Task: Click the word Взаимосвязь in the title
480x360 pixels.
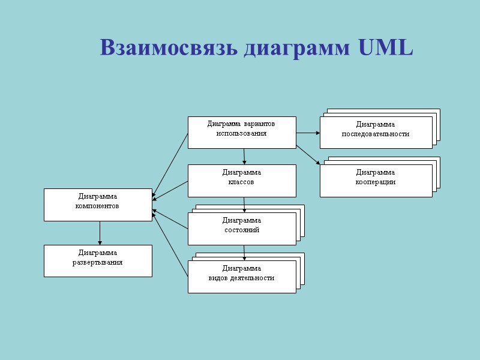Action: pyautogui.click(x=170, y=48)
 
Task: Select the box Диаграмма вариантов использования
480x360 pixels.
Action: pyautogui.click(x=242, y=132)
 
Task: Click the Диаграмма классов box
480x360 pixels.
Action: pyautogui.click(x=242, y=181)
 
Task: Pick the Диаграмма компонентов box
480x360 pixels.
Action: pyautogui.click(x=98, y=205)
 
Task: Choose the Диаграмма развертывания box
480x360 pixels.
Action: pyautogui.click(x=98, y=260)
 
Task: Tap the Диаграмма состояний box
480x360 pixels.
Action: pyautogui.click(x=242, y=229)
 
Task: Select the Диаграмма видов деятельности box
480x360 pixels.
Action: pyautogui.click(x=242, y=277)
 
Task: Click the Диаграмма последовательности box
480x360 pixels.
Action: pyautogui.click(x=376, y=132)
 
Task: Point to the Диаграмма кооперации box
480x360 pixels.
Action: pyautogui.click(x=376, y=180)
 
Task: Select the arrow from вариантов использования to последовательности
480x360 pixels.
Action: pyautogui.click(x=308, y=133)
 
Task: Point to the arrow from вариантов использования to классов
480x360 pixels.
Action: pyautogui.click(x=244, y=156)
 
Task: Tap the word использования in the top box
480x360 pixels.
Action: pyautogui.click(x=241, y=133)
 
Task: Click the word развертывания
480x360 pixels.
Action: pyautogui.click(x=98, y=262)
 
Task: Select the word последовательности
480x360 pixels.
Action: pyautogui.click(x=376, y=134)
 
